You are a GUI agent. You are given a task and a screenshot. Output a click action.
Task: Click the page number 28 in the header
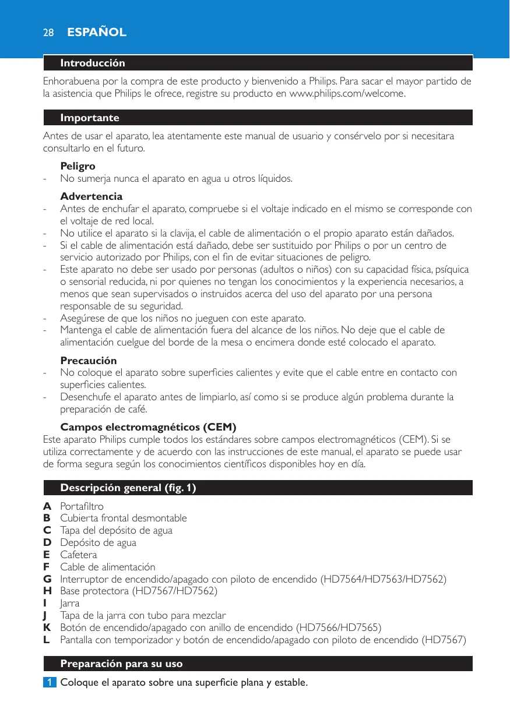tap(48, 33)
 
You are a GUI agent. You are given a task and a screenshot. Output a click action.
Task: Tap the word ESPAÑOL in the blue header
tap(96, 33)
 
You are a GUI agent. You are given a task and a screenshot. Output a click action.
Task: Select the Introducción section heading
tap(93, 63)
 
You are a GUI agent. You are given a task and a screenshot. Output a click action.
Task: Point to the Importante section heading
tap(90, 118)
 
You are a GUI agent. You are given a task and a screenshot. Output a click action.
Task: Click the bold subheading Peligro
tap(78, 166)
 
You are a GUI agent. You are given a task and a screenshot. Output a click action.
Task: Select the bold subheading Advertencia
tap(92, 196)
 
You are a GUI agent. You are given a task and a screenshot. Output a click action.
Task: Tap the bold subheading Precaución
tap(89, 361)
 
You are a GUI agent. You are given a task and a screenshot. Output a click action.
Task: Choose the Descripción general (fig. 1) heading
tap(128, 488)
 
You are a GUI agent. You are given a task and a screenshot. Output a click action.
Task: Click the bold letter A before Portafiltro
tap(47, 506)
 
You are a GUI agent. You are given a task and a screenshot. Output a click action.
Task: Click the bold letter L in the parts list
tap(47, 640)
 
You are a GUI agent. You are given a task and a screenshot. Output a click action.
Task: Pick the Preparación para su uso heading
tap(121, 664)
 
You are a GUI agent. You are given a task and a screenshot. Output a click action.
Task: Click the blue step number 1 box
tap(50, 682)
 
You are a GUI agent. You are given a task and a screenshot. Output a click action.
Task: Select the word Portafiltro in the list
tap(82, 506)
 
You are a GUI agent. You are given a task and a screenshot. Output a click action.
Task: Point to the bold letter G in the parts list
tap(47, 579)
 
